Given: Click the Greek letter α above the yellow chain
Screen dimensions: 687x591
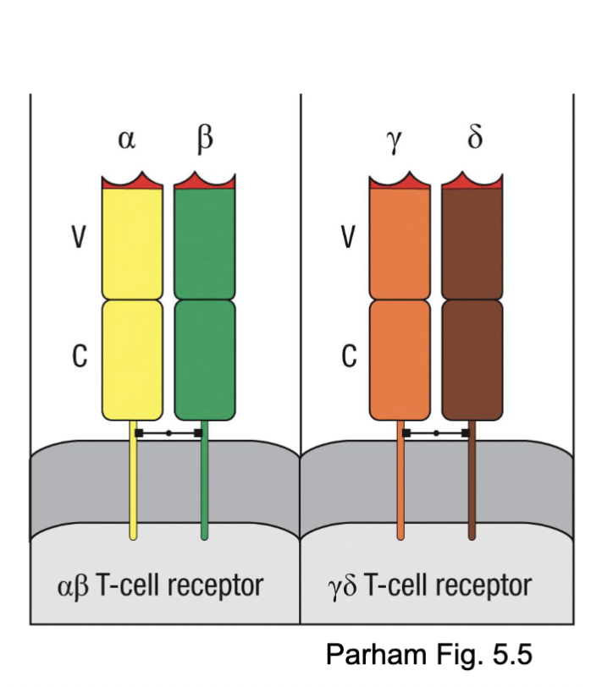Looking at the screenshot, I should tap(126, 140).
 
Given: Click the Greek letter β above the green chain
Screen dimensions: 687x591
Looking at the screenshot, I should tap(204, 140).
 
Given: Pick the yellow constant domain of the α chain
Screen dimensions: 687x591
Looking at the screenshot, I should tap(132, 360).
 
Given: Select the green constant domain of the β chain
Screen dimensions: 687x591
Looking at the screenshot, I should tap(204, 360).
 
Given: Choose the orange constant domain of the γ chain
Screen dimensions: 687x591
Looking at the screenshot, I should tap(400, 360).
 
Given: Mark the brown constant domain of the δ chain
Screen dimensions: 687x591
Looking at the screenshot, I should tap(472, 360).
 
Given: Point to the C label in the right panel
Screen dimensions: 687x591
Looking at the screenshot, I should tap(348, 358).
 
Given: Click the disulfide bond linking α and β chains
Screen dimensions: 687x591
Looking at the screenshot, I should tap(168, 433).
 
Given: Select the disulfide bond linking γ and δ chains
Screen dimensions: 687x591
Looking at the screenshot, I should tap(436, 433).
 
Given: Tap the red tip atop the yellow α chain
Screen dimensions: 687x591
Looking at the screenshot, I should tap(132, 182).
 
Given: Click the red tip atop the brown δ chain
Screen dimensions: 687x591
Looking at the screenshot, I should tap(472, 182).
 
